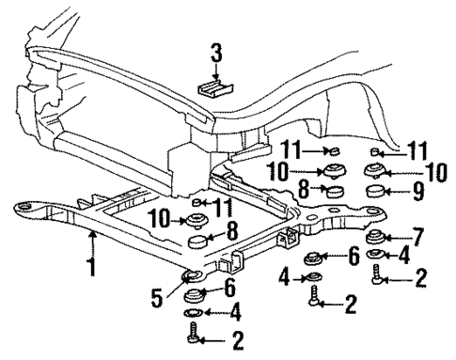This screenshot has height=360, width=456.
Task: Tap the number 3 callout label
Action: (216, 55)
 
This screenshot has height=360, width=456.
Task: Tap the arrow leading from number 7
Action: (399, 234)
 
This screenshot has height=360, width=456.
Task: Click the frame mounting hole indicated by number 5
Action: (189, 274)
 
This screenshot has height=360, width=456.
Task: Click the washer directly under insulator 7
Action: (374, 253)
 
